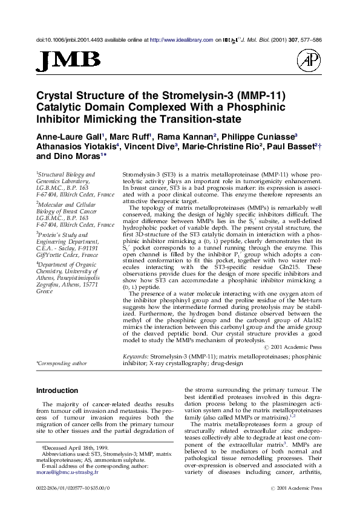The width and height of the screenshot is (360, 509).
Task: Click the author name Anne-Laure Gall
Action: [70, 136]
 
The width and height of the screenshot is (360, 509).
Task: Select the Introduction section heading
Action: [57, 391]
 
